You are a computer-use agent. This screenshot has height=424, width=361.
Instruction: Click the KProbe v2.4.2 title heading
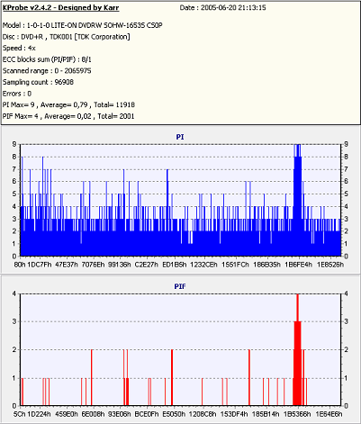[x=61, y=8]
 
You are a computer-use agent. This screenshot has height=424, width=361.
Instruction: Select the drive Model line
[x=83, y=25]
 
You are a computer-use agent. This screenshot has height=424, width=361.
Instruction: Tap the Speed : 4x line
[x=19, y=49]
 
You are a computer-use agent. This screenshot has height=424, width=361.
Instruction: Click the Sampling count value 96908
[x=64, y=82]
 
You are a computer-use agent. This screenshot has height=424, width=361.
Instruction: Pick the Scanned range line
[x=47, y=71]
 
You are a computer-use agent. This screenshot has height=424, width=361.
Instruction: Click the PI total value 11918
[x=125, y=105]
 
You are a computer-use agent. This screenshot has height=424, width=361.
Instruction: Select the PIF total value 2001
[x=127, y=116]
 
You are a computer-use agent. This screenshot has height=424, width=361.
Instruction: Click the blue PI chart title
[x=180, y=137]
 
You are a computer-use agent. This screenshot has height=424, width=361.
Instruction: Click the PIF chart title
[x=180, y=286]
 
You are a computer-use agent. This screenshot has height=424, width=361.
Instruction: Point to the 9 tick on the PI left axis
[x=14, y=144]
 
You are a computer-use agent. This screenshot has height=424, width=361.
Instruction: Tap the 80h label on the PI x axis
[x=20, y=265]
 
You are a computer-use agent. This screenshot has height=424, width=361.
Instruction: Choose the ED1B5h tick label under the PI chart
[x=175, y=265]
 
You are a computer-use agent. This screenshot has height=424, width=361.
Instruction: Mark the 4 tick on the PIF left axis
[x=14, y=293]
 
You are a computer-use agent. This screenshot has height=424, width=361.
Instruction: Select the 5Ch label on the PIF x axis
[x=20, y=414]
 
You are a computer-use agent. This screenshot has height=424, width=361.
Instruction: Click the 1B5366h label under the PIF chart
[x=297, y=414]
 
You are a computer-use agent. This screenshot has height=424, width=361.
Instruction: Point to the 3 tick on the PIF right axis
[x=347, y=321]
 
